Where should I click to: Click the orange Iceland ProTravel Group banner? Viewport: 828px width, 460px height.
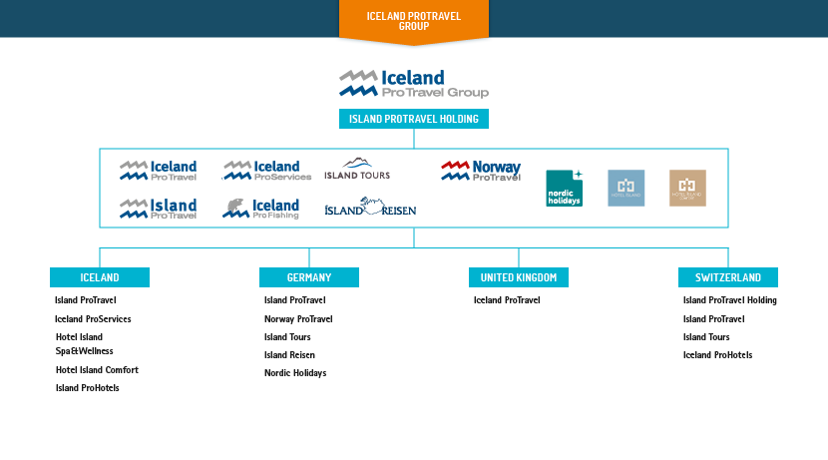pyautogui.click(x=413, y=21)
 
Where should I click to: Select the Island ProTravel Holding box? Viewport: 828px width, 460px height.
pyautogui.click(x=413, y=119)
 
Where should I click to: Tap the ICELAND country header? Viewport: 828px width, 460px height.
pyautogui.click(x=100, y=277)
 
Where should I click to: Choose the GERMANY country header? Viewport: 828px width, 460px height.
pyautogui.click(x=308, y=277)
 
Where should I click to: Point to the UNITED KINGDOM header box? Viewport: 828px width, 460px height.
pyautogui.click(x=518, y=276)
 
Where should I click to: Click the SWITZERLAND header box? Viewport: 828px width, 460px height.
pyautogui.click(x=727, y=277)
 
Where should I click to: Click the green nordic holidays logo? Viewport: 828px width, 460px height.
pyautogui.click(x=564, y=188)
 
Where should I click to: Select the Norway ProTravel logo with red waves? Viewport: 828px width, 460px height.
pyautogui.click(x=481, y=171)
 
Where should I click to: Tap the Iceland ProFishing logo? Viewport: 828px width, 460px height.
pyautogui.click(x=260, y=209)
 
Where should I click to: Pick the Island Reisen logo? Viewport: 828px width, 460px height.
pyautogui.click(x=370, y=208)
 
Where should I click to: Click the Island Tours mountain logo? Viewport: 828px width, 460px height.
pyautogui.click(x=357, y=169)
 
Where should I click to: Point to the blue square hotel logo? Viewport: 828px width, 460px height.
pyautogui.click(x=626, y=188)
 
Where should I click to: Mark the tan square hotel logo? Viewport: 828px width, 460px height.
pyautogui.click(x=687, y=188)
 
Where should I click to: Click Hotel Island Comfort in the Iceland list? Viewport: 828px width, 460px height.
pyautogui.click(x=97, y=370)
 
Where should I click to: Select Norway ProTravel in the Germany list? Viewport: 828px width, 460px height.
pyautogui.click(x=298, y=319)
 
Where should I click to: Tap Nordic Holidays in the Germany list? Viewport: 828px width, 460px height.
pyautogui.click(x=295, y=373)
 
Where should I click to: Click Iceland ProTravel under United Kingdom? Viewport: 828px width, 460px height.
pyautogui.click(x=507, y=300)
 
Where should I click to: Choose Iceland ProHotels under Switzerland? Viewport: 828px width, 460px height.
pyautogui.click(x=717, y=355)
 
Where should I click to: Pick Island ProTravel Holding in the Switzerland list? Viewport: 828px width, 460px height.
pyautogui.click(x=729, y=300)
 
